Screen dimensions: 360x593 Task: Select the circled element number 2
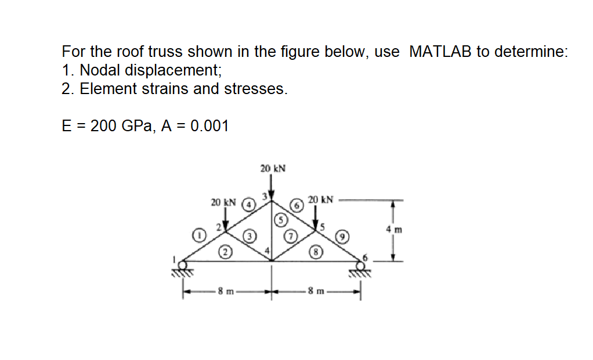[224, 252]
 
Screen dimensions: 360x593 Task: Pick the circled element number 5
[281, 220]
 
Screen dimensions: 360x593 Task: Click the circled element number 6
[297, 205]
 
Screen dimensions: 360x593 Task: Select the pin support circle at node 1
[184, 265]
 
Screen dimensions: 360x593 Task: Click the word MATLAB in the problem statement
[440, 52]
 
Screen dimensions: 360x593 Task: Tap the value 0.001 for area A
[206, 125]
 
